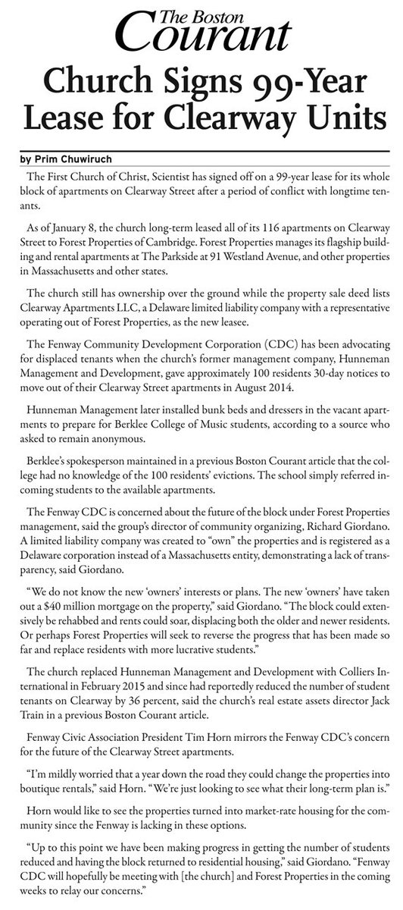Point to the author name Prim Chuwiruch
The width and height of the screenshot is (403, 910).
click(x=73, y=161)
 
